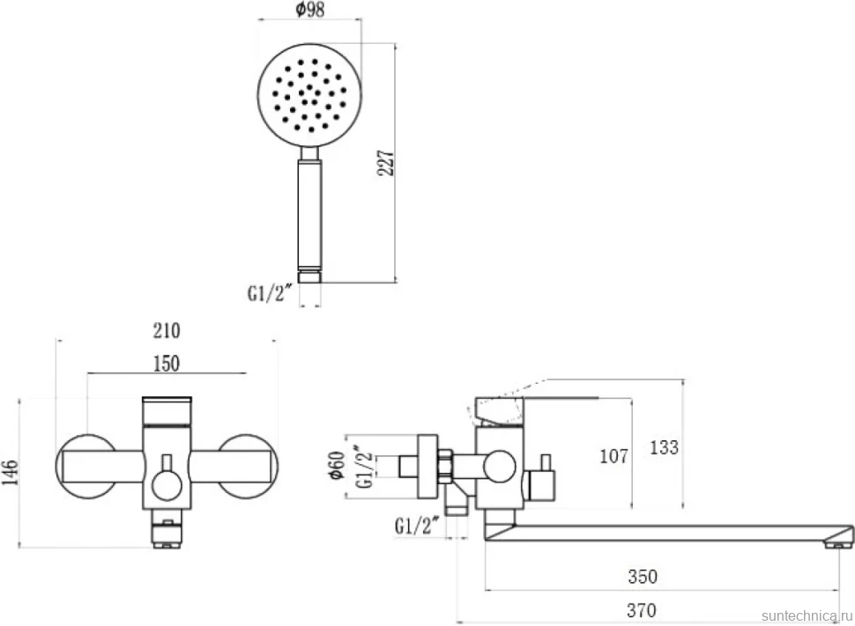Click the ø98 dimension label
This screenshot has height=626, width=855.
coord(309,10)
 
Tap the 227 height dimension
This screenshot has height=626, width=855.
coord(385,163)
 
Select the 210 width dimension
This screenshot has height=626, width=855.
coord(167,330)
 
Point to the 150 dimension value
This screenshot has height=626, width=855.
coord(167,364)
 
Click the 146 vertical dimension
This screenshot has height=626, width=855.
coord(10,472)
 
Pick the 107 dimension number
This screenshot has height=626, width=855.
coord(614,455)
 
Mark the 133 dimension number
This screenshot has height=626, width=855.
coord(664,447)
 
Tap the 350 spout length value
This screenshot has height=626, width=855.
coord(643,577)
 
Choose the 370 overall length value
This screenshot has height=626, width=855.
coord(642,610)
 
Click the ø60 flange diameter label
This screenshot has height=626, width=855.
coord(337,465)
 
